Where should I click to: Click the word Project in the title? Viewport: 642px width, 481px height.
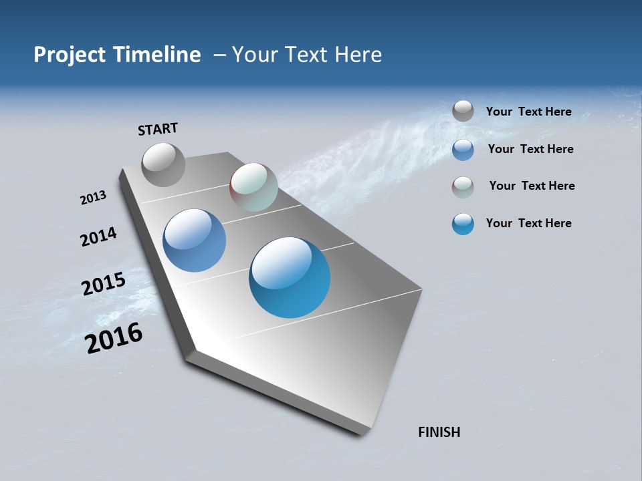tap(67, 55)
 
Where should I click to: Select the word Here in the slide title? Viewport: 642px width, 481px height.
tap(358, 55)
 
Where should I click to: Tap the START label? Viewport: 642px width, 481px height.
tap(158, 129)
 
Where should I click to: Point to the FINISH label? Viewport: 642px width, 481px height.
tap(439, 432)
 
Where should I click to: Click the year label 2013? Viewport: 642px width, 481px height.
tap(93, 198)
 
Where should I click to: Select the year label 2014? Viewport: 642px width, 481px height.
tap(98, 236)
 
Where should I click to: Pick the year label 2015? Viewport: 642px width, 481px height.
tap(103, 284)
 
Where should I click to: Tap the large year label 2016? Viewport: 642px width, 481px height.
tap(114, 337)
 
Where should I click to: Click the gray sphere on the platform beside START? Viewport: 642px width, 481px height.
tap(163, 164)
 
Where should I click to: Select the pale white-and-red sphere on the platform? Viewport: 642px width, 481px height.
tap(253, 187)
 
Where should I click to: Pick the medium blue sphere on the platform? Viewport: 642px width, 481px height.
tap(194, 240)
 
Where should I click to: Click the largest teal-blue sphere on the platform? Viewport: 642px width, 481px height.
tap(290, 277)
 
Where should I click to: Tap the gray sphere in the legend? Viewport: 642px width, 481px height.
tap(463, 112)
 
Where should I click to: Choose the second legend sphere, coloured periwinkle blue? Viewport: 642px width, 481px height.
tap(463, 150)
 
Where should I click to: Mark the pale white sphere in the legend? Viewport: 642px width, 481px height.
tap(463, 187)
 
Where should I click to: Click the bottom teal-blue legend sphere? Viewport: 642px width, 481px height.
tap(463, 224)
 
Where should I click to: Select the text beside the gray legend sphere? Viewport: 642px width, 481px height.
tap(528, 112)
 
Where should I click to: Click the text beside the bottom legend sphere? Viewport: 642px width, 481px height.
tap(528, 223)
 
